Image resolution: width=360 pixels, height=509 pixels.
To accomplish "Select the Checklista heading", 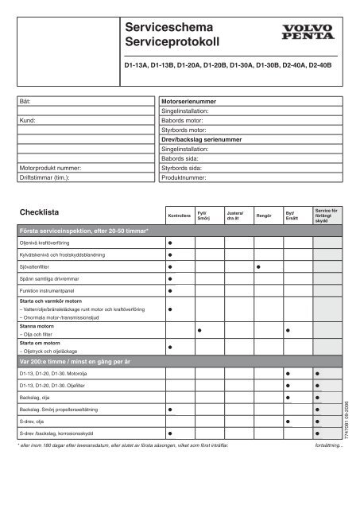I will [x=41, y=213].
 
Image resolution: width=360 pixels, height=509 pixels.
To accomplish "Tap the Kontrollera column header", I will [x=180, y=216].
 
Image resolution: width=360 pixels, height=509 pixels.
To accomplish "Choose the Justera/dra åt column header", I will [x=235, y=216].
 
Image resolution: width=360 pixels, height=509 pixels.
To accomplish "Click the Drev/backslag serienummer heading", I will [x=203, y=138].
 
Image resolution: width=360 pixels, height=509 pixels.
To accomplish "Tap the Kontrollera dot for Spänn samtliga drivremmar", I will [x=170, y=280].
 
